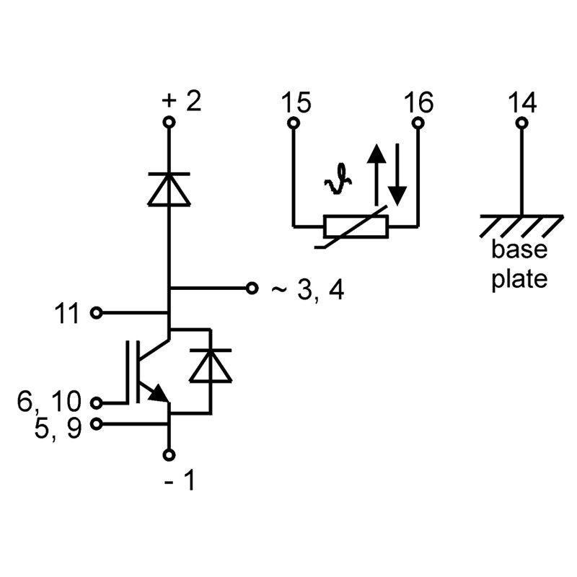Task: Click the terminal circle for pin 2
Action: pyautogui.click(x=169, y=122)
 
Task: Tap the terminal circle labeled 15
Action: pyautogui.click(x=294, y=123)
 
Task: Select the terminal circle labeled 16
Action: pyautogui.click(x=418, y=123)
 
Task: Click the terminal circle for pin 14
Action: pyautogui.click(x=521, y=123)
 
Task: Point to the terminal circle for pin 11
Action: pyautogui.click(x=97, y=313)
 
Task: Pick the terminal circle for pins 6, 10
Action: pyautogui.click(x=97, y=403)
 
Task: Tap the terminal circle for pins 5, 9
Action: pyautogui.click(x=97, y=424)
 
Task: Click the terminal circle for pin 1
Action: pyautogui.click(x=169, y=455)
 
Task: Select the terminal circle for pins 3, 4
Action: pyautogui.click(x=252, y=288)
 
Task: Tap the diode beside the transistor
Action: pyautogui.click(x=211, y=366)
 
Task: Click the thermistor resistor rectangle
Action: pyautogui.click(x=356, y=226)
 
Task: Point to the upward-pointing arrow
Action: pyautogui.click(x=376, y=175)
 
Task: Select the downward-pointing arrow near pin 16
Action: pyautogui.click(x=397, y=175)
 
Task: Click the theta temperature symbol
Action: pyautogui.click(x=338, y=179)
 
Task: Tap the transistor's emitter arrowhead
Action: pyautogui.click(x=158, y=393)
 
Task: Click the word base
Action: pyautogui.click(x=519, y=249)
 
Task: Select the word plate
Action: pyautogui.click(x=519, y=279)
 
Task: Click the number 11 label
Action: pyautogui.click(x=66, y=313)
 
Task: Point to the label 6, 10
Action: pyautogui.click(x=49, y=401)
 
